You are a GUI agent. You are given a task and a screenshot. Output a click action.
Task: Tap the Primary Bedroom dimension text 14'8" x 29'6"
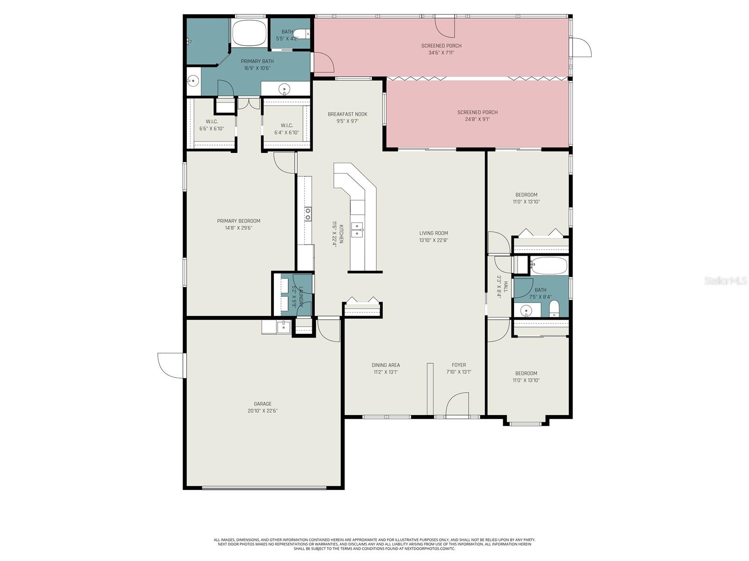click(238, 228)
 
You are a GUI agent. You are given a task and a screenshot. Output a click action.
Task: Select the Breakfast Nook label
click(347, 114)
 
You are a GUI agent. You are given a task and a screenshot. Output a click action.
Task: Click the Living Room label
click(433, 233)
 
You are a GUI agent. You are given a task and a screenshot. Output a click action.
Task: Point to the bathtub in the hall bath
click(549, 266)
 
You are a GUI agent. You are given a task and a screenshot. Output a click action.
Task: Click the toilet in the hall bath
click(554, 309)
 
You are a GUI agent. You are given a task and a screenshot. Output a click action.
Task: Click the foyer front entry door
click(457, 405)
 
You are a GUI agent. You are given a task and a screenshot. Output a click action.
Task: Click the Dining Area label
click(386, 365)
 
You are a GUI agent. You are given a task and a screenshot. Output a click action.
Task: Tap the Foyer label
click(459, 365)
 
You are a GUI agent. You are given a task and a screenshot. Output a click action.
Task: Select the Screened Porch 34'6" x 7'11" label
click(441, 46)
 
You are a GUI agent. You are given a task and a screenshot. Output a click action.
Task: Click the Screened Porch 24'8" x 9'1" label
click(477, 112)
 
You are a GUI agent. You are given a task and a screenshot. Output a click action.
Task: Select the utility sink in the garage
click(283, 327)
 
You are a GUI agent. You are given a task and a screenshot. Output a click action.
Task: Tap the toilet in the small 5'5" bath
click(305, 34)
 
